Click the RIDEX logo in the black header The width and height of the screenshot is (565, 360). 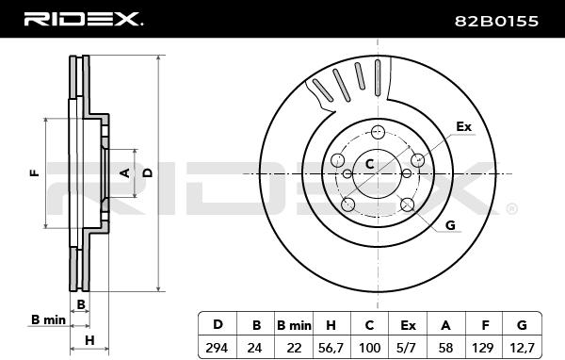click(x=83, y=19)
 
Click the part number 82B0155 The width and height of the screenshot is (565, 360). click(x=496, y=22)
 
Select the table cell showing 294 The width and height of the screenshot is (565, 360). click(x=217, y=348)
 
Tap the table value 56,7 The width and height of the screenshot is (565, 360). click(x=331, y=348)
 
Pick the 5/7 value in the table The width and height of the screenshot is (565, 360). click(x=408, y=348)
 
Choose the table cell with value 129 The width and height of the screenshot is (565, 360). click(x=482, y=348)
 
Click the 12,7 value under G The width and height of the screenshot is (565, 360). click(x=522, y=348)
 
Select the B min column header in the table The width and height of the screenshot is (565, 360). click(x=294, y=325)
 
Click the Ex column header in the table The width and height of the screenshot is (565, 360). click(x=408, y=325)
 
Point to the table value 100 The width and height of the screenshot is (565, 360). click(x=370, y=348)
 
